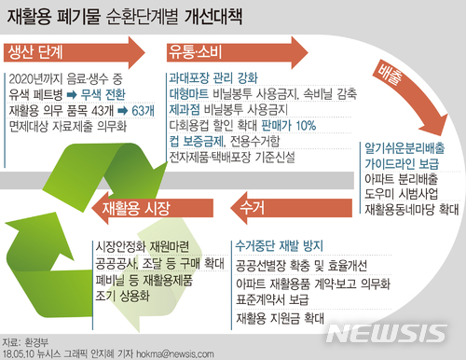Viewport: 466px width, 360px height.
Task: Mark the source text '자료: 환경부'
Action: pyautogui.click(x=25, y=342)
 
